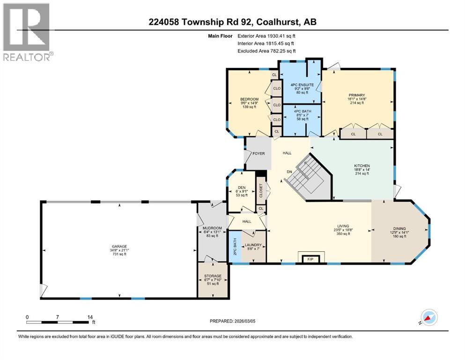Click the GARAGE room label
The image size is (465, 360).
[119, 247]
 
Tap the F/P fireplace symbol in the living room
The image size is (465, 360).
[309, 259]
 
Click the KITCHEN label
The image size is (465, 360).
[362, 166]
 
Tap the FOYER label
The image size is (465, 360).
[258, 153]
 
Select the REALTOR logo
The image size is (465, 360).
[27, 32]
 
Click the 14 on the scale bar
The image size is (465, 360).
[90, 317]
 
